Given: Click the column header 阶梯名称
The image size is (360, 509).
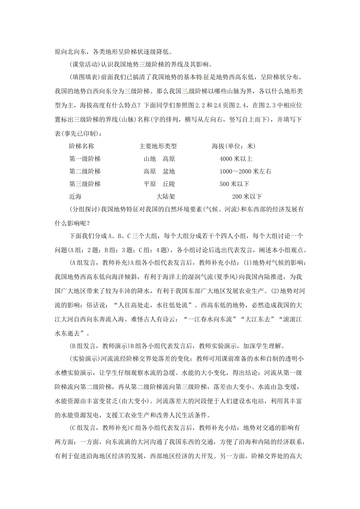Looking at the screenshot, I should (x=81, y=146).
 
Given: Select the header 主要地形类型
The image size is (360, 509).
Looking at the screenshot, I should (x=158, y=146).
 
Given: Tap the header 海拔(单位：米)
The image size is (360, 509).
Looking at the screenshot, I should (x=233, y=146).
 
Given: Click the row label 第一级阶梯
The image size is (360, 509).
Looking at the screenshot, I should (x=85, y=159).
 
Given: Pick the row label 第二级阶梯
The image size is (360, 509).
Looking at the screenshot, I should (x=85, y=171).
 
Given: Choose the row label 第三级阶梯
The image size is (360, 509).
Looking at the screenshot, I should (x=85, y=184).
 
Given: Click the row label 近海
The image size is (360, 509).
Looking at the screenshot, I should (x=75, y=196).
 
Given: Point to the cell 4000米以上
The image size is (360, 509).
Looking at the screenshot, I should (x=236, y=159).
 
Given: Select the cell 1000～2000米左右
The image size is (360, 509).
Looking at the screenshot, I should (x=245, y=171).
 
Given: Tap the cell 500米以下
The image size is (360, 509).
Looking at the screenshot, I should (x=234, y=184).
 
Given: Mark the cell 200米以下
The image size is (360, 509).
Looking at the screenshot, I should (x=247, y=196).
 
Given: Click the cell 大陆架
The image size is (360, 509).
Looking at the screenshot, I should (x=166, y=196).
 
